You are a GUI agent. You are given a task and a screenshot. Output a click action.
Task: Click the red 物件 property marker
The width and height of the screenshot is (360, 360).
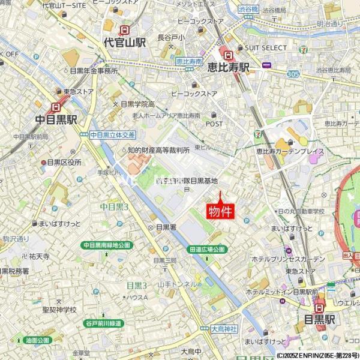click(220, 211)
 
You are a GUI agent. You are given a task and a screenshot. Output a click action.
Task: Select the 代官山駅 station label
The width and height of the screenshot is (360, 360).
click(124, 43)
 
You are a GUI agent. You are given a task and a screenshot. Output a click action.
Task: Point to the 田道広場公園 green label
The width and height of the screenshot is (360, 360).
click(206, 249)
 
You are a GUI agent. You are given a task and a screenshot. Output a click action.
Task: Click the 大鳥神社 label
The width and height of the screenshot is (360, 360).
click(224, 329)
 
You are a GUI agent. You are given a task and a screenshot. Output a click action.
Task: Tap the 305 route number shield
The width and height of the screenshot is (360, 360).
click(293, 74)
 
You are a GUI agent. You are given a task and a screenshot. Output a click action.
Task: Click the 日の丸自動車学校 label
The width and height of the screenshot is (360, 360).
click(301, 211)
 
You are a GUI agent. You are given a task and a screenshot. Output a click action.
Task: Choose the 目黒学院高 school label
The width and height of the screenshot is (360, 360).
click(137, 104)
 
